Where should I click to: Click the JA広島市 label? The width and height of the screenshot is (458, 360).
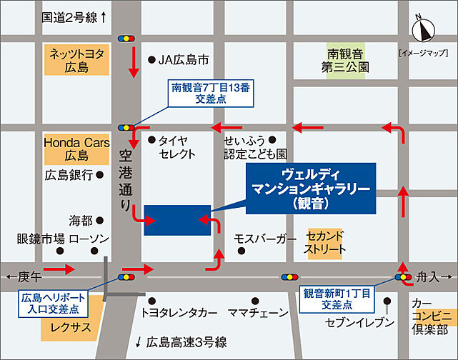[185, 60]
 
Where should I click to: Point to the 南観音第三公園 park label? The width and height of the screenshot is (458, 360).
[347, 60]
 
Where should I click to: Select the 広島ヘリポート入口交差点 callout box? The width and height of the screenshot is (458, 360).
[54, 304]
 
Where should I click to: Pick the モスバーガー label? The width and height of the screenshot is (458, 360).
[265, 238]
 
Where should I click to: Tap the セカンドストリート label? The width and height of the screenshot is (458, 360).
[325, 242]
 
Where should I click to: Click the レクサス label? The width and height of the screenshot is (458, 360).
[69, 326]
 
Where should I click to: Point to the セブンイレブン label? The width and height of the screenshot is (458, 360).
[359, 322]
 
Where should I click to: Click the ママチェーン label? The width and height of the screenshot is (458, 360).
[259, 313]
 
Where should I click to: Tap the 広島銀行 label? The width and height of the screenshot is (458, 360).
[69, 175]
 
